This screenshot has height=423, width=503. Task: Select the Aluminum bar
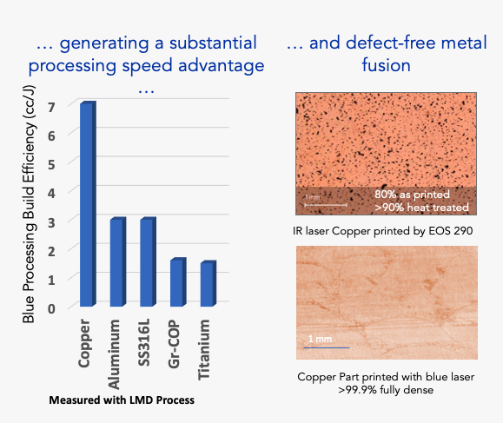tap(118, 261)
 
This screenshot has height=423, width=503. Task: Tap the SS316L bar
tap(149, 261)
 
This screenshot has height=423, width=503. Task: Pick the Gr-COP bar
tap(178, 282)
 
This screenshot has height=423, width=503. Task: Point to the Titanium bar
tap(208, 283)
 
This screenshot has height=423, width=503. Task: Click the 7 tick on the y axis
tap(51, 107)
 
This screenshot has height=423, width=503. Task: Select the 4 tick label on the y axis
tap(51, 194)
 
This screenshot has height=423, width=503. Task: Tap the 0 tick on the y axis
tap(51, 308)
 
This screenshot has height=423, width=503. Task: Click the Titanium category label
tap(203, 349)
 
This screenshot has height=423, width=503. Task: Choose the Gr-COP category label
tap(174, 343)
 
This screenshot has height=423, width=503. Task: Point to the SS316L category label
tap(143, 342)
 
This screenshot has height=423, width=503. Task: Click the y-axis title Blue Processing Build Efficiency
tap(29, 204)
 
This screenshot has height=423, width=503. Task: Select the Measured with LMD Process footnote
tap(122, 400)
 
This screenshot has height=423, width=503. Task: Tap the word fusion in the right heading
tap(387, 65)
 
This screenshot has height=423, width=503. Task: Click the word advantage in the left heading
tap(221, 66)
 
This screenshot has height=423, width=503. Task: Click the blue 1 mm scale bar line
tap(327, 347)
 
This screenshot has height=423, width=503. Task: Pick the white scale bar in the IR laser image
tap(326, 205)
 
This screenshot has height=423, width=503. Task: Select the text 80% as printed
tap(412, 195)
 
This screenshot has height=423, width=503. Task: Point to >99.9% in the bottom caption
tap(357, 390)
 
